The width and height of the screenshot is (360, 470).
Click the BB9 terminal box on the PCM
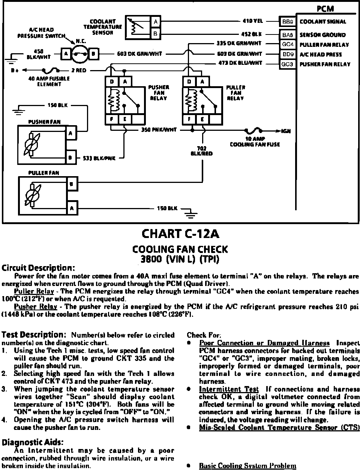coord(288,22)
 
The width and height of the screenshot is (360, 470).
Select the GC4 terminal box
coord(288,45)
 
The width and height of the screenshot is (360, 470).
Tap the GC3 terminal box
coord(288,64)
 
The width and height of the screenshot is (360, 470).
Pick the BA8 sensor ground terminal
coord(288,35)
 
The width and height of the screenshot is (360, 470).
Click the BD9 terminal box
coord(288,54)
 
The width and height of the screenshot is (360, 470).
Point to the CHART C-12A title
coord(180,234)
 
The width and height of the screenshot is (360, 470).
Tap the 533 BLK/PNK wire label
coord(99,159)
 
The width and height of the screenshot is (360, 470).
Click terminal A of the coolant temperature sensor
coord(156,22)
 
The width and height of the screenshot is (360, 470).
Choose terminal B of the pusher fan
coord(70,158)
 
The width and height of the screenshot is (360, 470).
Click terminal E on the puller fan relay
coord(202,120)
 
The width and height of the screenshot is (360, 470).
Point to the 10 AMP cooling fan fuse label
coord(255,142)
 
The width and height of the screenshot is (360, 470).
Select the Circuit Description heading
coord(39,268)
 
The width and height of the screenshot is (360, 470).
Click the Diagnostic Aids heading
coord(33,442)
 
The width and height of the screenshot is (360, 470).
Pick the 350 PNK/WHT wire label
coord(158,130)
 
